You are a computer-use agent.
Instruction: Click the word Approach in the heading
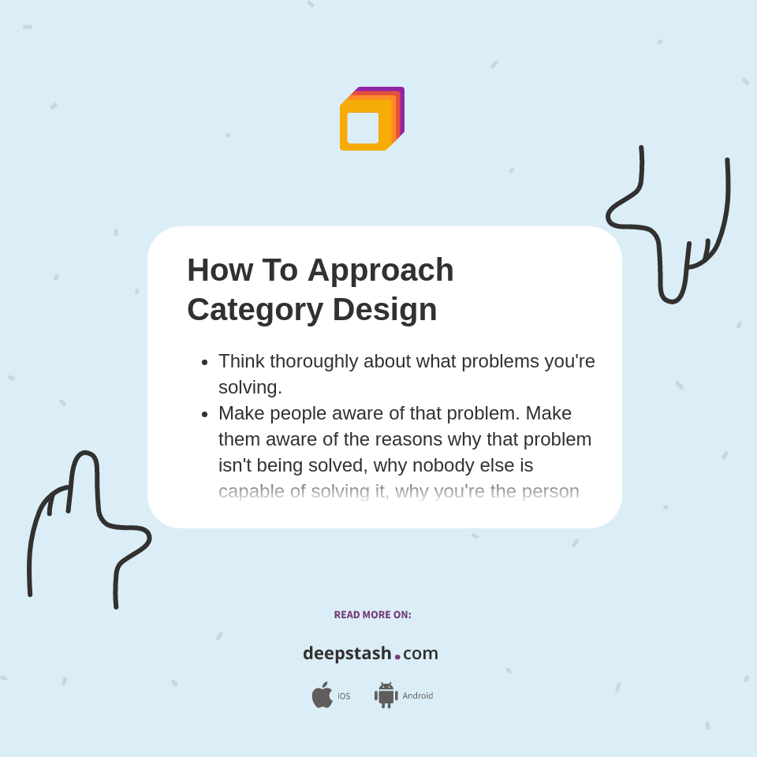(x=380, y=270)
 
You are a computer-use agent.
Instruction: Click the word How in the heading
(x=220, y=270)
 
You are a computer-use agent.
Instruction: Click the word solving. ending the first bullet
(x=250, y=387)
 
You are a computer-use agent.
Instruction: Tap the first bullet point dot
(x=204, y=362)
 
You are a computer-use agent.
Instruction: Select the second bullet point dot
(x=204, y=414)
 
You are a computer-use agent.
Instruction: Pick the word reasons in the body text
(x=435, y=439)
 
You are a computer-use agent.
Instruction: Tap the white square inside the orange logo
(x=363, y=128)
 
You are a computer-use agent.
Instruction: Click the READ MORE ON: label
(x=372, y=615)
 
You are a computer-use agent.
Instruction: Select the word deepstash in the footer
(x=347, y=653)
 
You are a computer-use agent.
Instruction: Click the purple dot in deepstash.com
(x=397, y=657)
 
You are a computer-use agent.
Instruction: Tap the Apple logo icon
(x=322, y=695)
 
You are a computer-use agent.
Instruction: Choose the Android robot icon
(x=386, y=695)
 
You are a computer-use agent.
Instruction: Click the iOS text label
(x=344, y=696)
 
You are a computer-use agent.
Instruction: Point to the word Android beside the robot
(x=417, y=695)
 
